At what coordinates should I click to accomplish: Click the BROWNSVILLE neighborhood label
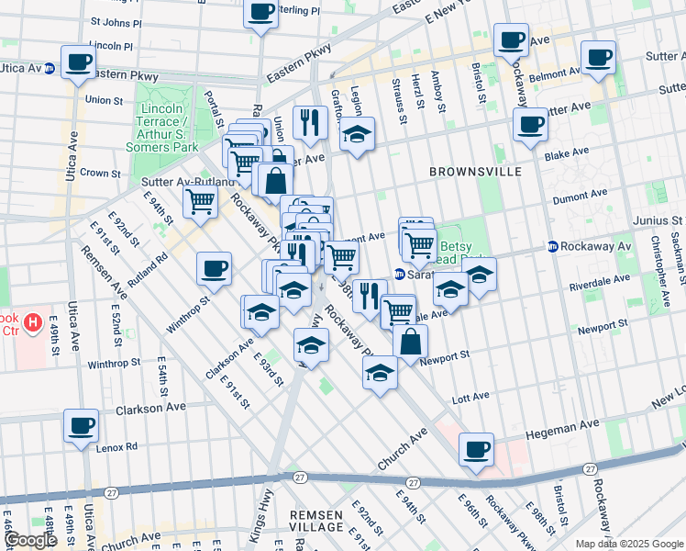pos(475,172)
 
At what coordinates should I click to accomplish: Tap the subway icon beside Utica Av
pos(50,67)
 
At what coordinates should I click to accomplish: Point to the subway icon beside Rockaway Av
pos(553,246)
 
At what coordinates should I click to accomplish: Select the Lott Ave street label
pos(471,398)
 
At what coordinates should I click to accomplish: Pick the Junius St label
pos(663,220)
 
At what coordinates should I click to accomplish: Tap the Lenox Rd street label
pos(118,446)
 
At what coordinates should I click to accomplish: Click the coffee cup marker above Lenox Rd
pos(81,425)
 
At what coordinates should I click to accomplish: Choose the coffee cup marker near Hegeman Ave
pos(476,449)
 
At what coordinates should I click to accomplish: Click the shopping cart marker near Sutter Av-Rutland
pos(200,200)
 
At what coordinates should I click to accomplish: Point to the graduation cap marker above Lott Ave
pos(380,373)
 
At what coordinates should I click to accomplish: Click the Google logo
pos(30,540)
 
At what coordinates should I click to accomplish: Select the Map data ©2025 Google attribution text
pos(629,544)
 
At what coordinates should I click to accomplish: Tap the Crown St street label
pos(101,173)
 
